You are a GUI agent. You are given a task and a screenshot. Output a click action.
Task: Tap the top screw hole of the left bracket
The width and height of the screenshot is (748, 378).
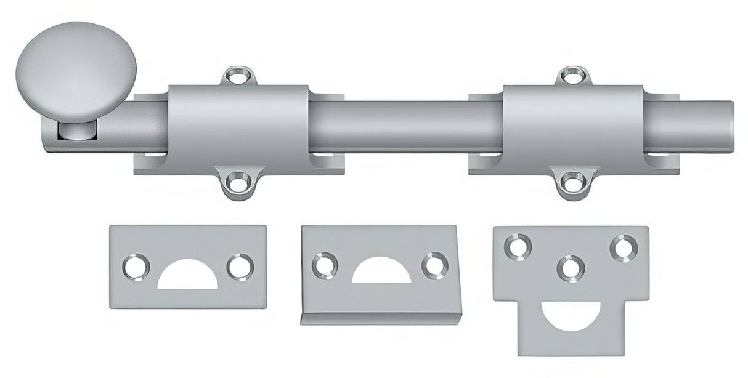237,77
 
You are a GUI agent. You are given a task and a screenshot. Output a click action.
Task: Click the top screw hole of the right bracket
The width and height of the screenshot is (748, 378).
572,77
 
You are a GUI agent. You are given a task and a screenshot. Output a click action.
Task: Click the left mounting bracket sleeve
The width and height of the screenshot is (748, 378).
237,128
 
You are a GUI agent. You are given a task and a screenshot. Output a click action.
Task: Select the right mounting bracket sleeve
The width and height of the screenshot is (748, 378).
572,128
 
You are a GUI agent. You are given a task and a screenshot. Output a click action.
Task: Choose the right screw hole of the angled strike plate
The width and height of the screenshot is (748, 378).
434,265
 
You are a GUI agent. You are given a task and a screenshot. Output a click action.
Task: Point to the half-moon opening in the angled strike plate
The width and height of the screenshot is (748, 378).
381,273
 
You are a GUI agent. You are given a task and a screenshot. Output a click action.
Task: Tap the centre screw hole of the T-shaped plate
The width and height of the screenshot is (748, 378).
570,267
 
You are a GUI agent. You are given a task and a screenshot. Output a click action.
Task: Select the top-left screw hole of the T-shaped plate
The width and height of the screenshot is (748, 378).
516,244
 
